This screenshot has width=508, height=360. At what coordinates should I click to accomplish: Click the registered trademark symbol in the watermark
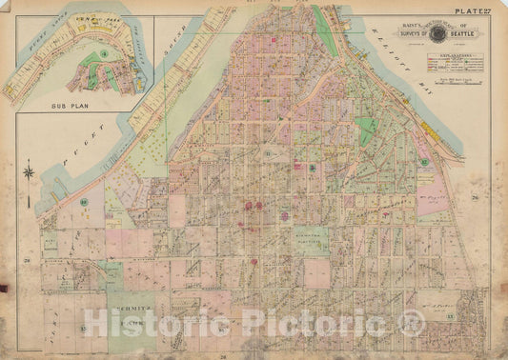pos(409,324)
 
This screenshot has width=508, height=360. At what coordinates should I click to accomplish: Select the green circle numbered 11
pos(269,153)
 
